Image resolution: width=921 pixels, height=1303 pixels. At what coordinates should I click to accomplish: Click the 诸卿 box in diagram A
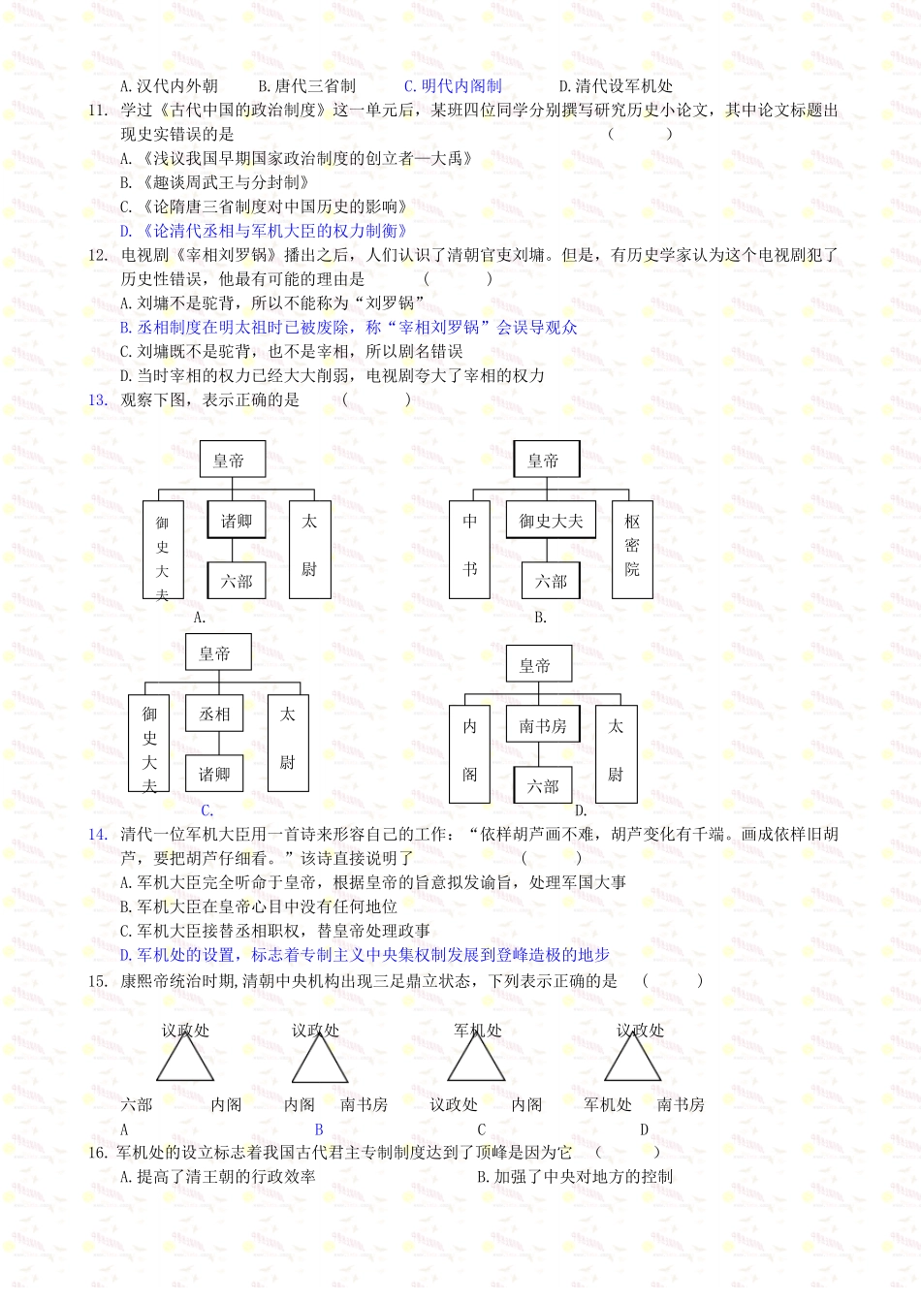point(236,521)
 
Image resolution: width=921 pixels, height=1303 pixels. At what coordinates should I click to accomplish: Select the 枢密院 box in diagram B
point(632,548)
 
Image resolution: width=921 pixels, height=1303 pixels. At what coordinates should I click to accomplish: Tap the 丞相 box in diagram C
point(214,715)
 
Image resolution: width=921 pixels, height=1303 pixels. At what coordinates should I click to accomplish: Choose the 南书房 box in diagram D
point(542,725)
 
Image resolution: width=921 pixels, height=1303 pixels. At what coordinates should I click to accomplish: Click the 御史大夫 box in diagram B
point(551,521)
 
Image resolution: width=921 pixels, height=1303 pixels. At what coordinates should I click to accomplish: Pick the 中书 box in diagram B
point(470,548)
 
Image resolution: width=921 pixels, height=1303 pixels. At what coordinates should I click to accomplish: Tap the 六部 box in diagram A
point(236,581)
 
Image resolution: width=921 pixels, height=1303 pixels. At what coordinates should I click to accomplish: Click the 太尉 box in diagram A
point(309,548)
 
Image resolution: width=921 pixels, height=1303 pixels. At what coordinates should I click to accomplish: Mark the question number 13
point(98,400)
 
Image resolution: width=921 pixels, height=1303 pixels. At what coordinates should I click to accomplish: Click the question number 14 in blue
point(98,835)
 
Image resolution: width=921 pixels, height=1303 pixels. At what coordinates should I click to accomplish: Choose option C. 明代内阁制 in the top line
point(453,86)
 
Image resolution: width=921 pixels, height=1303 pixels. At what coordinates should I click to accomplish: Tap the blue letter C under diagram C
point(206,810)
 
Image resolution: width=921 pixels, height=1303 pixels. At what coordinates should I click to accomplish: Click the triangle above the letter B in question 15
point(319,1062)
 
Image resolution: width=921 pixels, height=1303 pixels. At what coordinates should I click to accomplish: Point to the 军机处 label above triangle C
point(477,1031)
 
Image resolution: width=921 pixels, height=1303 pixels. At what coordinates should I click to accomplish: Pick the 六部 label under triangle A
point(137,1104)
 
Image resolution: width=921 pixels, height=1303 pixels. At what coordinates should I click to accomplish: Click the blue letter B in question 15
point(319,1129)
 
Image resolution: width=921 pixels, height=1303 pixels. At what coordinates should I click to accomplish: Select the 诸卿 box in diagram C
point(214,774)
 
